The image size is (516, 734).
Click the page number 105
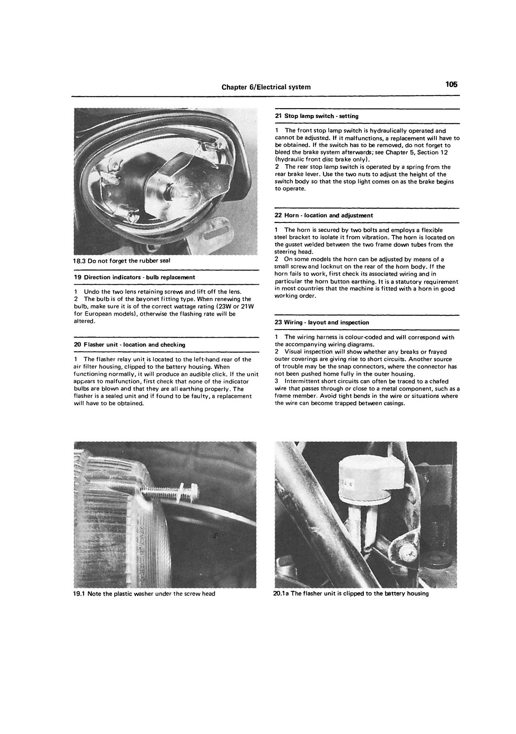click(451, 84)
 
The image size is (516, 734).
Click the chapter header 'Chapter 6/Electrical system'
click(266, 87)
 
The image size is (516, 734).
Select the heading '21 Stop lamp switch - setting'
click(316, 116)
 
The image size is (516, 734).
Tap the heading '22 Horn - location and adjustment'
click(324, 215)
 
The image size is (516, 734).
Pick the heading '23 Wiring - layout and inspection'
click(322, 322)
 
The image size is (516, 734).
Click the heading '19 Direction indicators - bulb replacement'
click(134, 277)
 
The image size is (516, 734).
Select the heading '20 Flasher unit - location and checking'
click(129, 345)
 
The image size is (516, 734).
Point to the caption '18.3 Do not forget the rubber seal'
click(121, 260)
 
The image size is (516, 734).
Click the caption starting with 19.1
click(144, 593)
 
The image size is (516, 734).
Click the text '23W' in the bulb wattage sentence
click(221, 306)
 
